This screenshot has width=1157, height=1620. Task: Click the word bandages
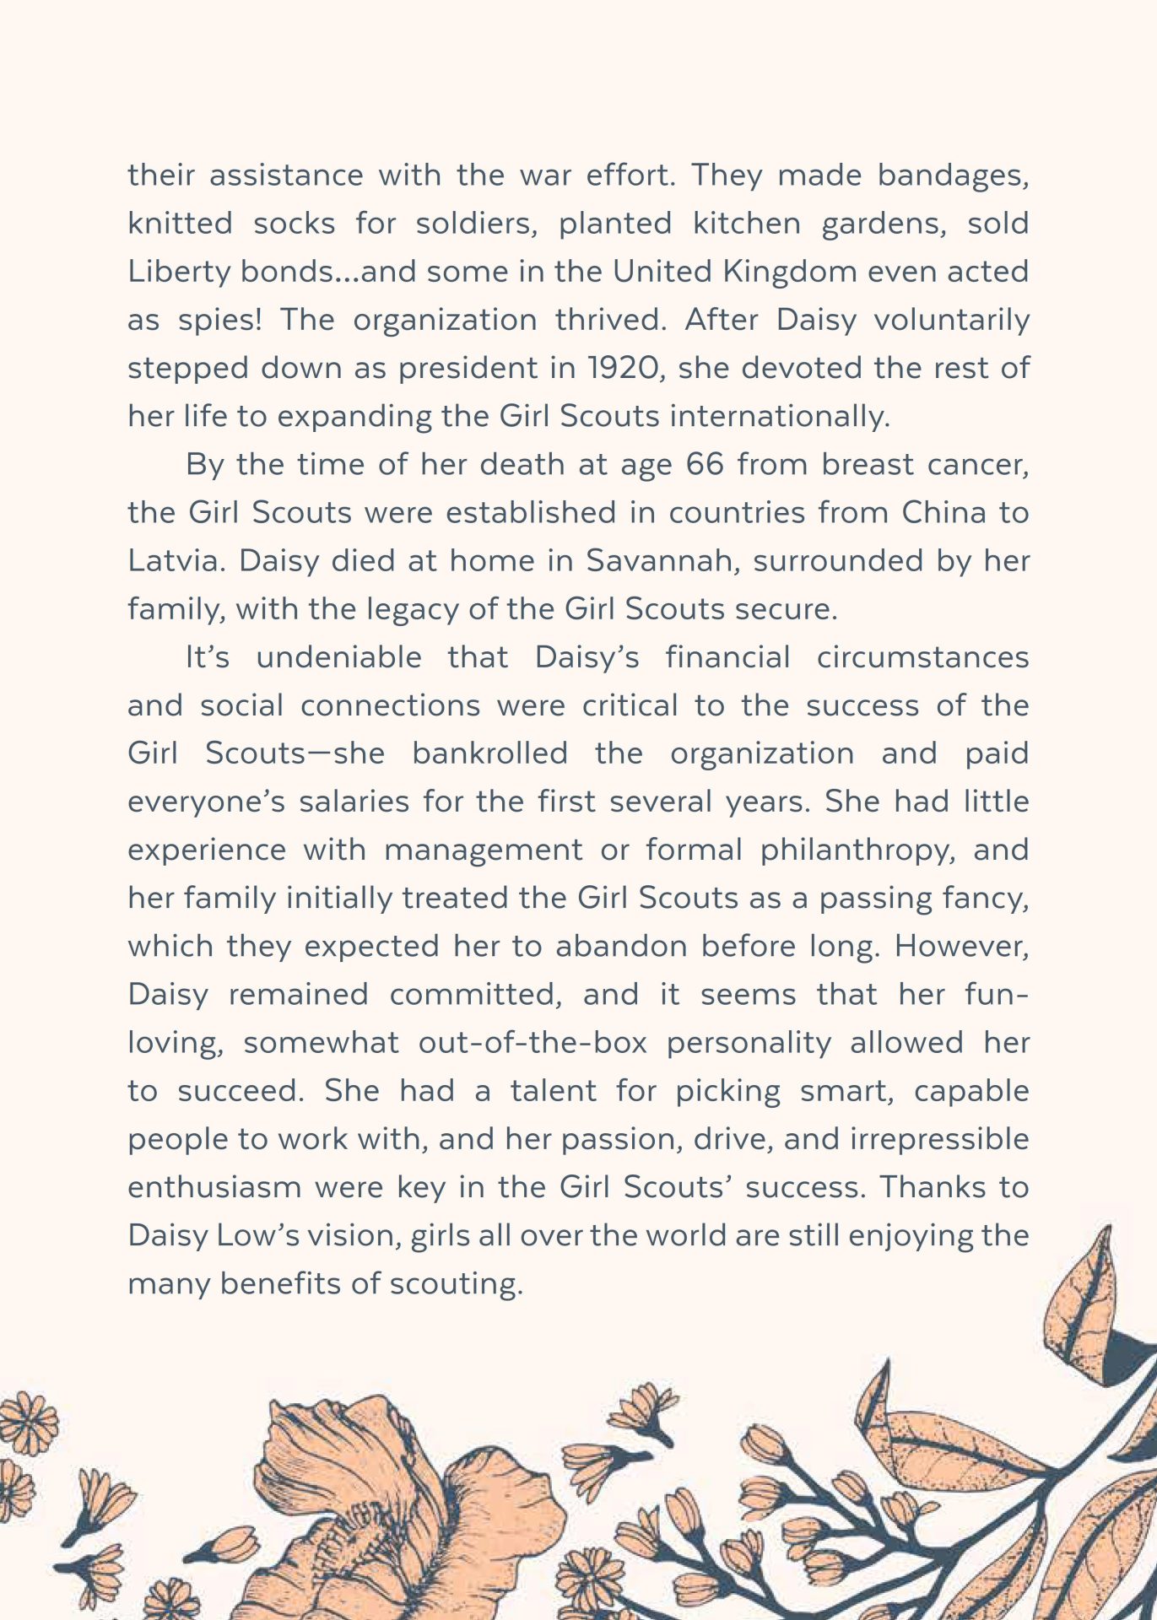(x=953, y=176)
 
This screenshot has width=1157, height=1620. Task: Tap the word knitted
(x=180, y=224)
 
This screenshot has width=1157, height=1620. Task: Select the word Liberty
(x=179, y=272)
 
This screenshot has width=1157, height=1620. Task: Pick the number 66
(x=705, y=465)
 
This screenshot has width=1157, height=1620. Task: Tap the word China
(x=943, y=513)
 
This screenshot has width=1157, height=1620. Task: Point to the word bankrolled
(x=489, y=753)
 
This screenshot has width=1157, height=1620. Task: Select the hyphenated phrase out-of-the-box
(x=533, y=1043)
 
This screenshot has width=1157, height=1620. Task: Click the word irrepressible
(x=938, y=1139)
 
